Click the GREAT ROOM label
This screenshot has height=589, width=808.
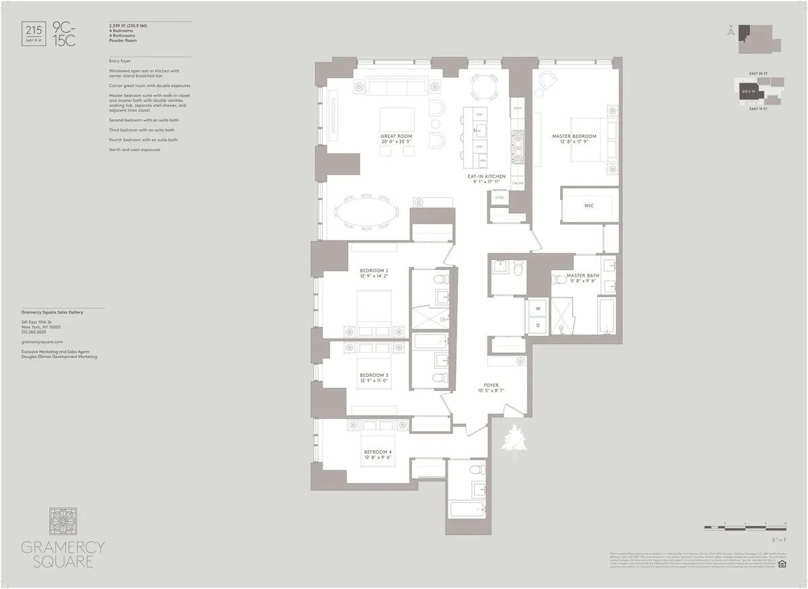[x=396, y=137]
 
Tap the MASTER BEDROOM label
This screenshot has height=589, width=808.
[x=574, y=137]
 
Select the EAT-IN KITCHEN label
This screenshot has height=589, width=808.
[x=487, y=177]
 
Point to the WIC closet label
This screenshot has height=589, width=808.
[x=589, y=206]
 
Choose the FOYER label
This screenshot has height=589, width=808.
[x=490, y=386]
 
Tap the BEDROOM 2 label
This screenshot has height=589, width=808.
[x=374, y=271]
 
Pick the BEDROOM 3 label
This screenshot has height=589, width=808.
[x=374, y=376]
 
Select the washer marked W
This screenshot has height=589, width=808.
[x=538, y=309]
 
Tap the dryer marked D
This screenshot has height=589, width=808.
[x=538, y=325]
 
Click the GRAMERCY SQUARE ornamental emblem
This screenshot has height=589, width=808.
[x=63, y=522]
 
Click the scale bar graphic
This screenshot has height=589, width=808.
[x=745, y=526]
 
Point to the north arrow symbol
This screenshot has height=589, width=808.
[x=731, y=31]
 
